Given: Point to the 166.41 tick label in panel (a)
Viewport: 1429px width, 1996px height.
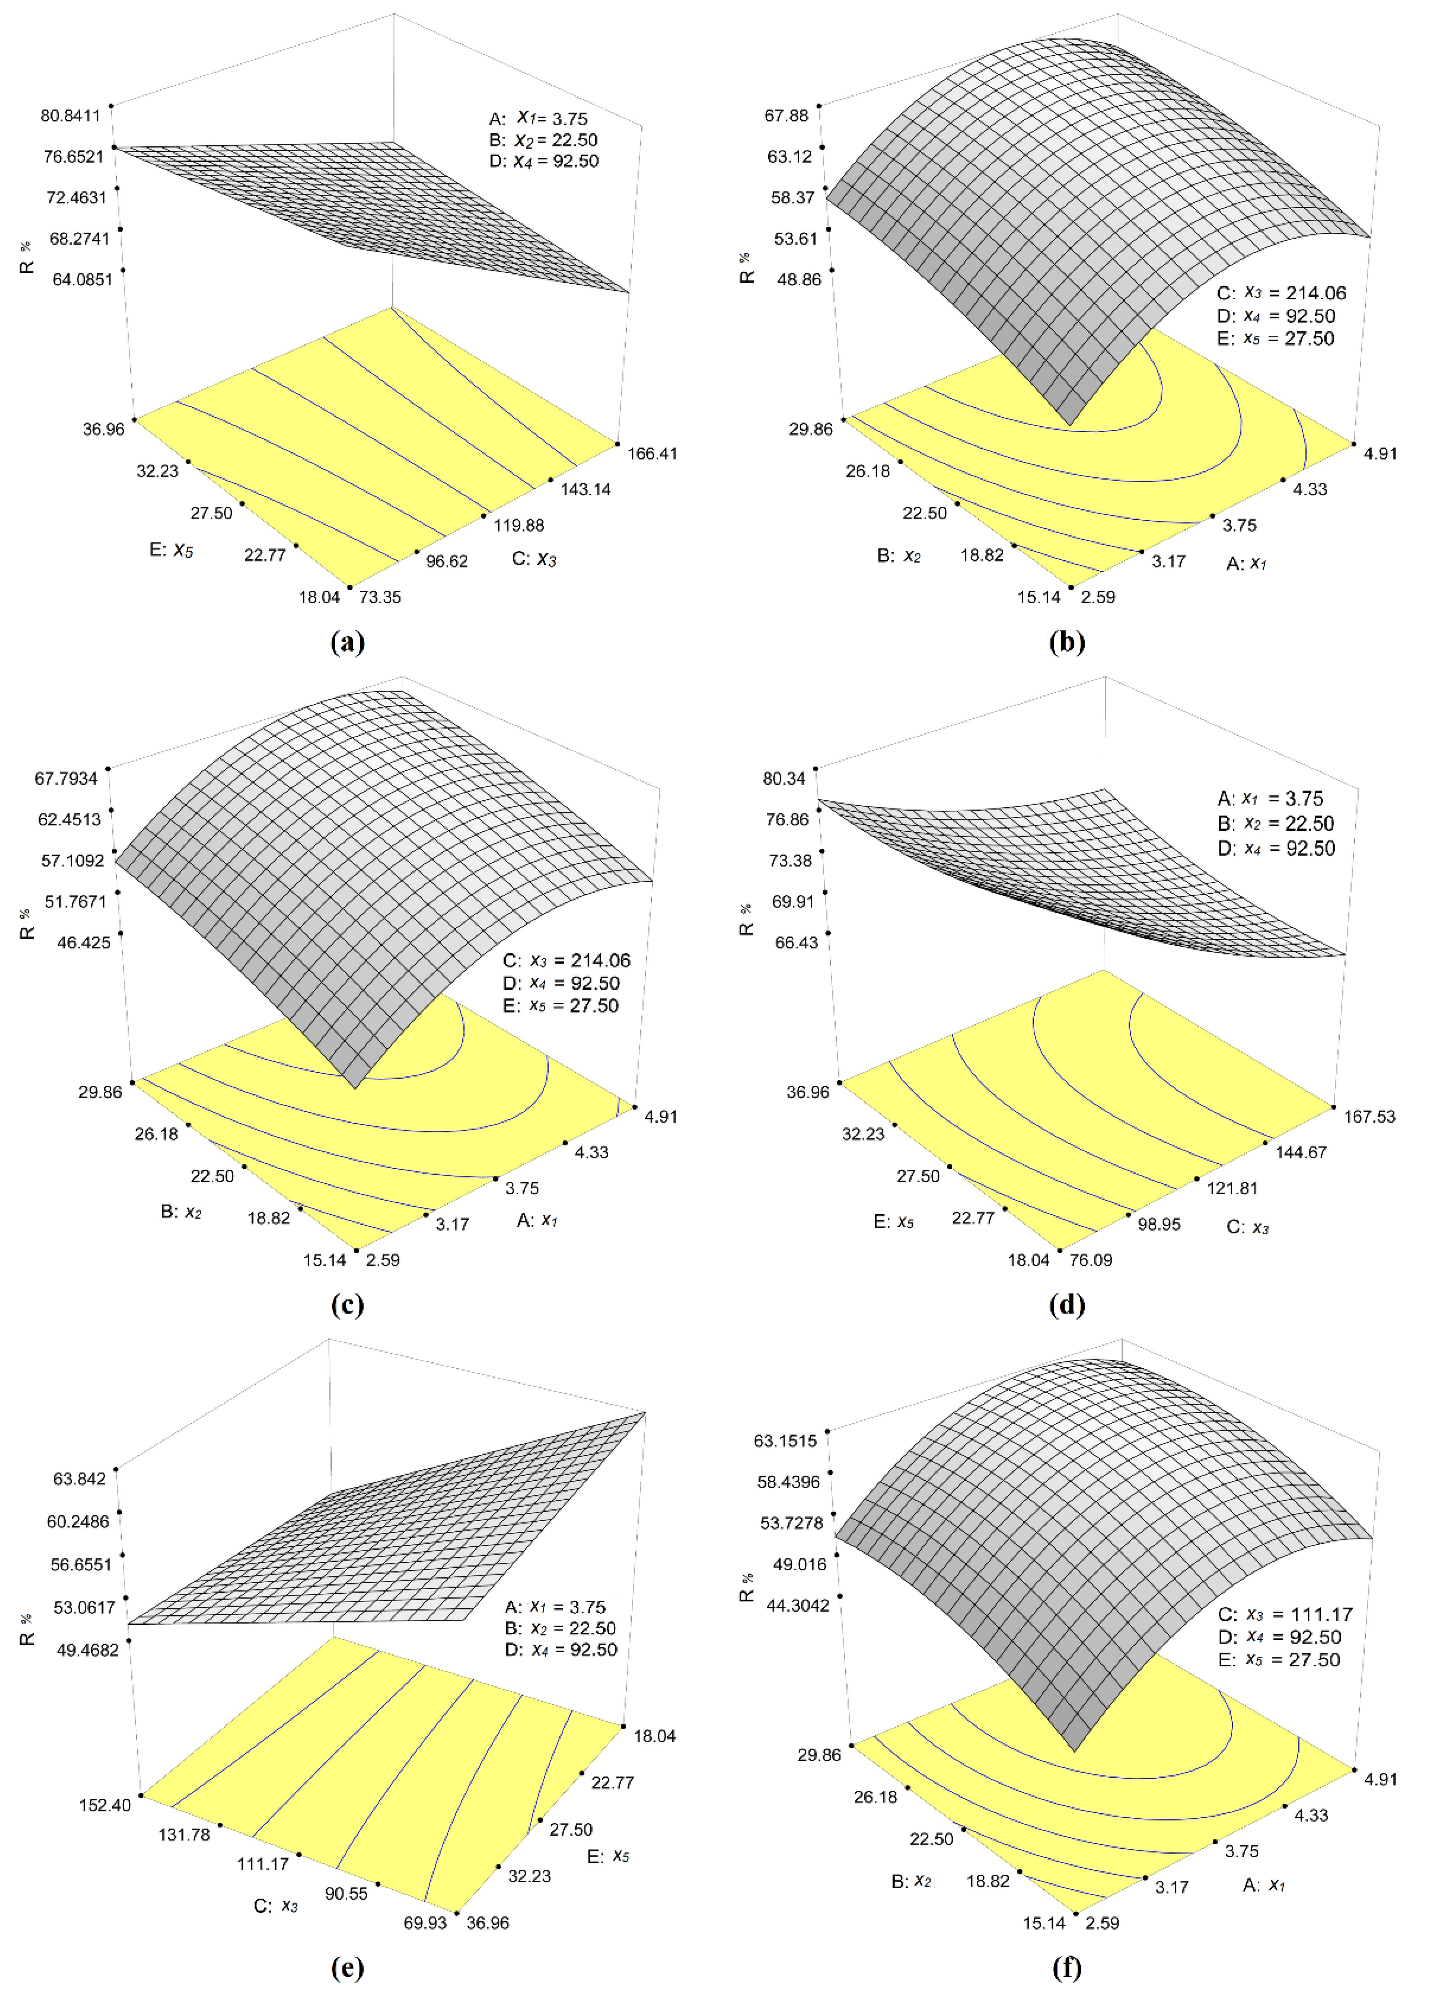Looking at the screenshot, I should pos(652,453).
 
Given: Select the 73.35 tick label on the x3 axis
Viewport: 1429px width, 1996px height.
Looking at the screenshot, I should pos(380,597).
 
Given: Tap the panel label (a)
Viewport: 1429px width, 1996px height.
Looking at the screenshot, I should pos(348,642).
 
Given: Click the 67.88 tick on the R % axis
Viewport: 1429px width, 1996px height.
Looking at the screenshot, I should pos(788,115).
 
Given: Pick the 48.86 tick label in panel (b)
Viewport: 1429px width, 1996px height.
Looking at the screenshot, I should pos(796,279).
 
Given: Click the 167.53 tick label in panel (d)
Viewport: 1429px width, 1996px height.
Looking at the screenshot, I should pos(1369,1116).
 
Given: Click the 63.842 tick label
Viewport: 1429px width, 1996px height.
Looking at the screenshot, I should pos(79,1479).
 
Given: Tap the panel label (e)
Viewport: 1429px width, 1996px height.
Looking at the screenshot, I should pos(348,1968).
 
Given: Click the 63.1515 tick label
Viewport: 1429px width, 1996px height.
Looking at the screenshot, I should pos(786,1441).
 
